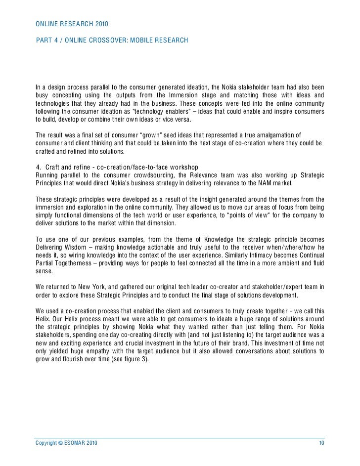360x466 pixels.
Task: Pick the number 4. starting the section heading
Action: click(40, 165)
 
